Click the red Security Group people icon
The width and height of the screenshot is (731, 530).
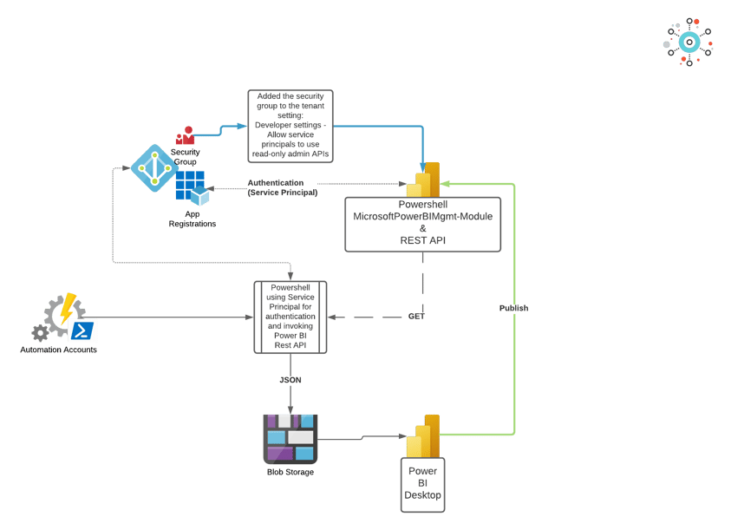(185, 137)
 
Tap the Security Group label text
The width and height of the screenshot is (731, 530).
(185, 157)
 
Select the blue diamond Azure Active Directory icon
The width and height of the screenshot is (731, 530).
(154, 167)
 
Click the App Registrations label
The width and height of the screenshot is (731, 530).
(192, 219)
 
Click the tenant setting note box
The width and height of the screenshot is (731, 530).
(290, 124)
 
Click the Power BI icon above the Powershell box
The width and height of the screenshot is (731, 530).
(425, 180)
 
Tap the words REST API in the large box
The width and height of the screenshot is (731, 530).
(422, 240)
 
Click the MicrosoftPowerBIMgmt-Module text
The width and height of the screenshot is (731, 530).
(422, 216)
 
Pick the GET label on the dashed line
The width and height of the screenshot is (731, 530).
(416, 317)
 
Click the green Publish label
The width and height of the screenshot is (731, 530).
(514, 309)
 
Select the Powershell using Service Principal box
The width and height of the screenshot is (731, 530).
(290, 317)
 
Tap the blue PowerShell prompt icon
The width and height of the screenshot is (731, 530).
(83, 331)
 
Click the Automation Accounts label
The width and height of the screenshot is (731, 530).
(59, 350)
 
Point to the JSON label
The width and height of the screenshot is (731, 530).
(290, 380)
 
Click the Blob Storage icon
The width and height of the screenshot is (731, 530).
(290, 437)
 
